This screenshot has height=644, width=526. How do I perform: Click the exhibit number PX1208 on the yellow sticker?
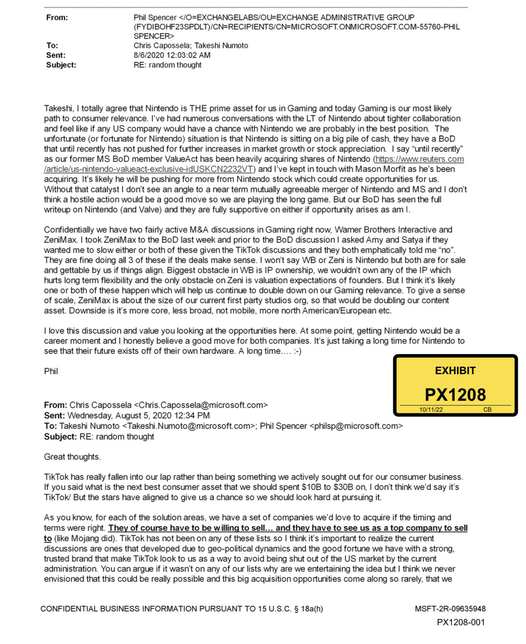point(455,394)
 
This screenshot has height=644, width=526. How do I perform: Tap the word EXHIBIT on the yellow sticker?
point(455,370)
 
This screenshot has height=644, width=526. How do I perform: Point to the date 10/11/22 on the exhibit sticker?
point(431,410)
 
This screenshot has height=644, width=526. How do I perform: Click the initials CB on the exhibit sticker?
point(487,410)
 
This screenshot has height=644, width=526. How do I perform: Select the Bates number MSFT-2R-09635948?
point(450,609)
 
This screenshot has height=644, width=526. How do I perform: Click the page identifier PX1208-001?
point(461,622)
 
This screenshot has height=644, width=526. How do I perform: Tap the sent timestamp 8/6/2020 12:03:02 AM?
point(172,55)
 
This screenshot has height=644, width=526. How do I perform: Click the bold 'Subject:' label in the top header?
point(61,65)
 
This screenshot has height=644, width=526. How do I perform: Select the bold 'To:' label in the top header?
point(52,46)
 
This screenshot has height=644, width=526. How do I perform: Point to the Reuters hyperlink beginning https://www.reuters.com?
point(419,159)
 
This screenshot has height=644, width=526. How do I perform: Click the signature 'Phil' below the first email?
point(51,371)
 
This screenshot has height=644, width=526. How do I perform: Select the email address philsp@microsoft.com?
point(356,426)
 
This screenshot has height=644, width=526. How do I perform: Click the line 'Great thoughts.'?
point(72,457)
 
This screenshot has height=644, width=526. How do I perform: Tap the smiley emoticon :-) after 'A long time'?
point(297,351)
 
